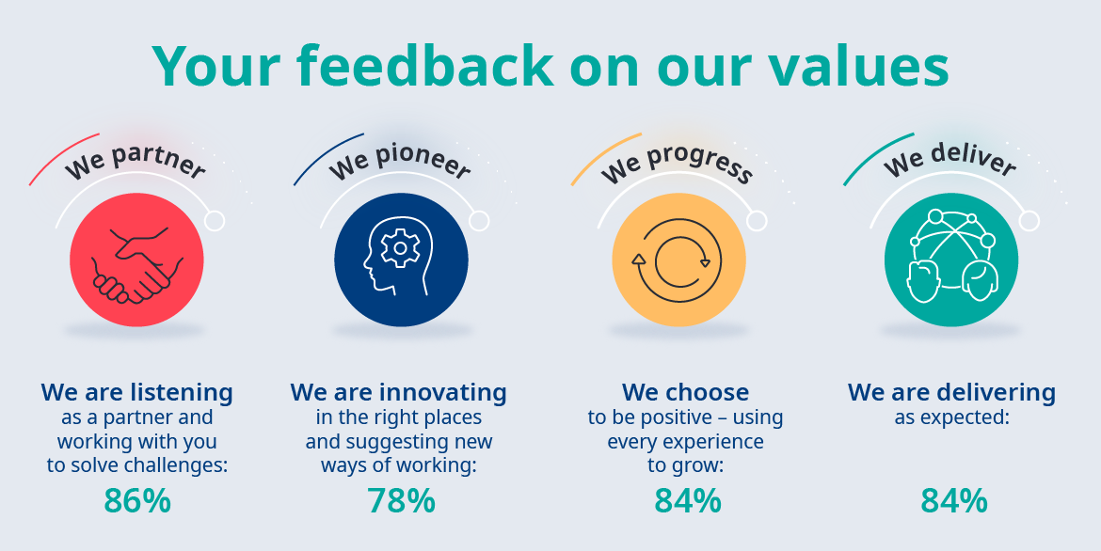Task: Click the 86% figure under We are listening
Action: point(137,501)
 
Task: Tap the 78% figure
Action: point(401,501)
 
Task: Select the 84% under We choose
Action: point(688,501)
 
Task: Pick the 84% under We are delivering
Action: point(953,501)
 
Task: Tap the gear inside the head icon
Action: point(400,247)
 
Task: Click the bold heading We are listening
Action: point(137,392)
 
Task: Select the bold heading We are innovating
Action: point(398,392)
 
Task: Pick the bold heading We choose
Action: point(685,392)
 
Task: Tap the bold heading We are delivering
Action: point(951,392)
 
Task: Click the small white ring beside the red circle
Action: point(215,221)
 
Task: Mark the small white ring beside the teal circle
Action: point(1029,221)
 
